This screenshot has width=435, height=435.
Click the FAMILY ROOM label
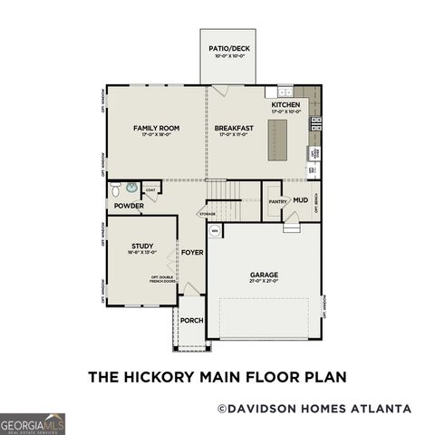[156, 129]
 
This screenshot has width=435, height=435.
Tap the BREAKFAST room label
[233, 129]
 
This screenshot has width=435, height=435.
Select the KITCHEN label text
[285, 106]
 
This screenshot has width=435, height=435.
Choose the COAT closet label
[150, 190]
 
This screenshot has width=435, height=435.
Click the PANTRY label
[277, 201]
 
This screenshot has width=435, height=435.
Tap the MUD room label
[299, 199]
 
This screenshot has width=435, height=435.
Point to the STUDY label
[140, 246]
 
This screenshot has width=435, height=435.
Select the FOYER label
[191, 253]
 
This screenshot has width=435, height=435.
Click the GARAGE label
[264, 275]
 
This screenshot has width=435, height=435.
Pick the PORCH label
[191, 320]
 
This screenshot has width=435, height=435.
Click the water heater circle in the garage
[216, 232]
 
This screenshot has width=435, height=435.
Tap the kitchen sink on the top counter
[285, 92]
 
